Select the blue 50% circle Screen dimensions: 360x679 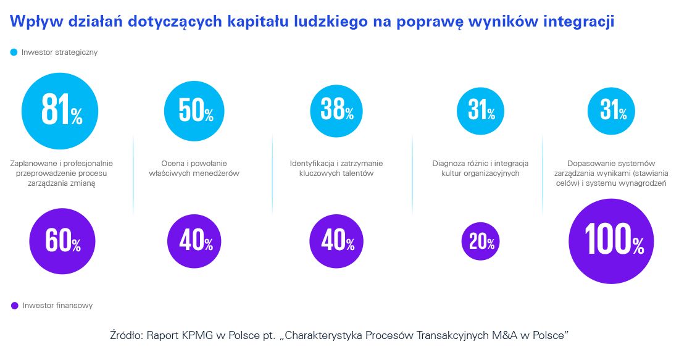point(194,111)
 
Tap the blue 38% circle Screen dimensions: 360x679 point(336,111)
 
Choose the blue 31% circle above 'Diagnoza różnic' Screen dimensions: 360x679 point(480,111)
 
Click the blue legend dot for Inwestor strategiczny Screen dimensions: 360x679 point(14,52)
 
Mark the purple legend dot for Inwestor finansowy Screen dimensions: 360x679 point(14,305)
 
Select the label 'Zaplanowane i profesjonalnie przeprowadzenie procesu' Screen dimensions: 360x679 point(62,169)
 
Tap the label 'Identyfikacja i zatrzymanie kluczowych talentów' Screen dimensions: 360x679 point(336,169)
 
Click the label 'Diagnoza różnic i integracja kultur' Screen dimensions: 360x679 point(480,169)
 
